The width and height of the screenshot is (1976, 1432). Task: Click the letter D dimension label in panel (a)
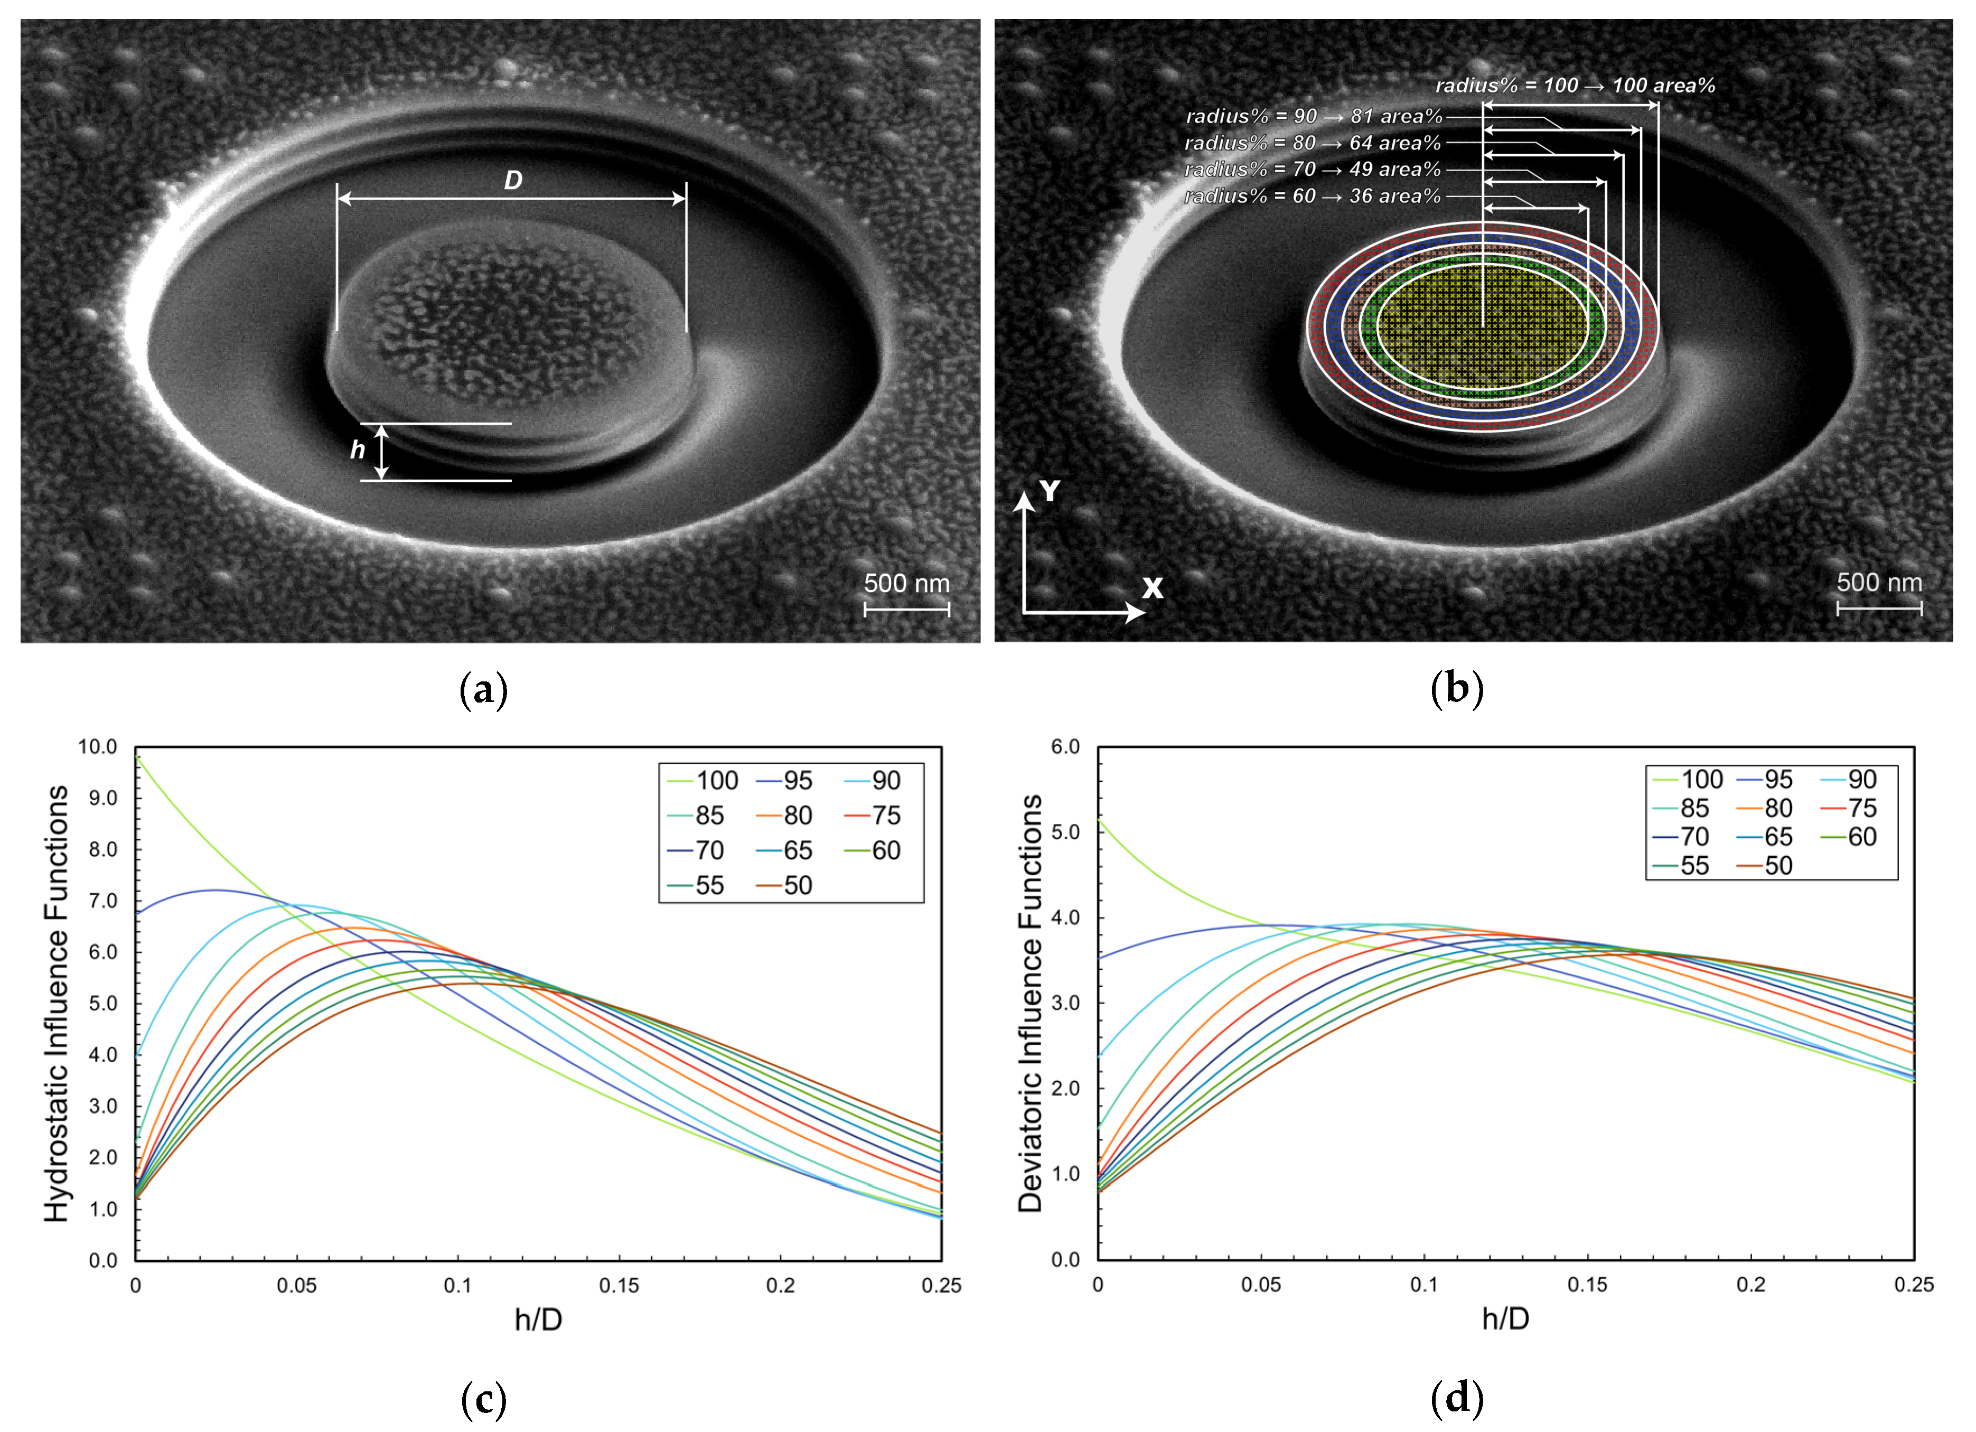click(x=513, y=180)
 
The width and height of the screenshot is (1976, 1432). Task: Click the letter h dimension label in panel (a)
click(x=357, y=450)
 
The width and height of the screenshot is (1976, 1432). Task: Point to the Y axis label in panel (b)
click(x=1050, y=491)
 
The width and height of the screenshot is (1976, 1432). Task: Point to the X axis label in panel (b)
click(x=1152, y=588)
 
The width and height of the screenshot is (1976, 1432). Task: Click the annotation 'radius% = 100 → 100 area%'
click(x=1575, y=86)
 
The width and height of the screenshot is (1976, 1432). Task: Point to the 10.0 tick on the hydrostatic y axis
click(x=98, y=746)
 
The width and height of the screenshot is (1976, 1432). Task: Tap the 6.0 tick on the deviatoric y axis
click(x=1065, y=746)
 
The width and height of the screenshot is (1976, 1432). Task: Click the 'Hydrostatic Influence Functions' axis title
click(x=57, y=1004)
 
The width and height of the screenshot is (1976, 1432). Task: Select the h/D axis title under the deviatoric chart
click(x=1505, y=1319)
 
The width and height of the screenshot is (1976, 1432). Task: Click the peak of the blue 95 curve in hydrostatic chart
click(x=214, y=890)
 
